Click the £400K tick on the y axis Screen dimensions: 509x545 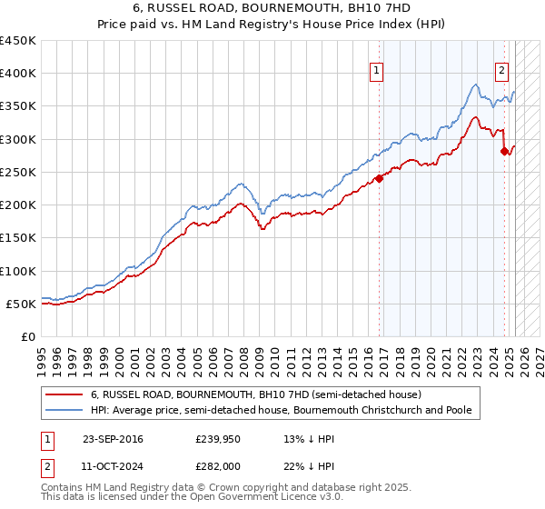click(18, 74)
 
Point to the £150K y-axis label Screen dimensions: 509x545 click(18, 238)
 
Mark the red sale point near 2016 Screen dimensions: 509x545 click(379, 178)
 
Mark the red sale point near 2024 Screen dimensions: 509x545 click(504, 151)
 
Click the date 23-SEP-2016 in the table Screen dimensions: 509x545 click(113, 440)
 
